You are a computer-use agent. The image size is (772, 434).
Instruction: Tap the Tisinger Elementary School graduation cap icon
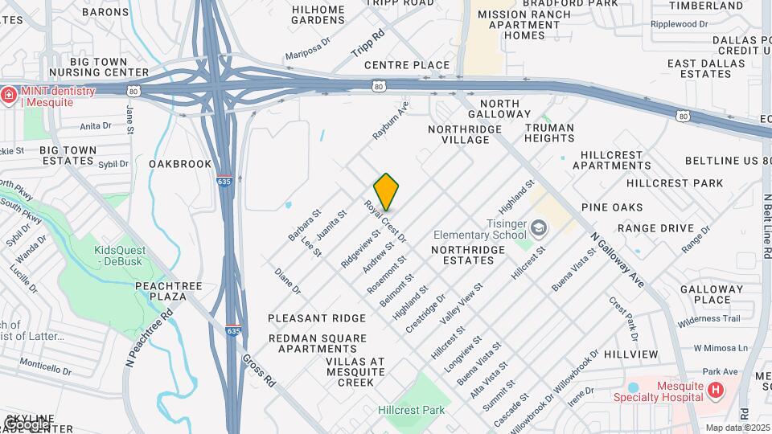point(538,228)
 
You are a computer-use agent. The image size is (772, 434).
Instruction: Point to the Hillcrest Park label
point(411,410)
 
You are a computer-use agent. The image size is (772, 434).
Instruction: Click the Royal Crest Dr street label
point(385,223)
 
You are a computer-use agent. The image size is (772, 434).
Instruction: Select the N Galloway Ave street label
point(617,260)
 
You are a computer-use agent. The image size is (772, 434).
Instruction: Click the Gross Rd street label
point(259,371)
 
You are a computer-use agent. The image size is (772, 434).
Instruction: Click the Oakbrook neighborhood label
point(180,164)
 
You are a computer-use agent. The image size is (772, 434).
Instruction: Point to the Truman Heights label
point(549,133)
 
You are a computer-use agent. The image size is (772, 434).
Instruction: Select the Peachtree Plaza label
point(161,291)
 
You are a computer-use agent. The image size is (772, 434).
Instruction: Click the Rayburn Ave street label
point(391,121)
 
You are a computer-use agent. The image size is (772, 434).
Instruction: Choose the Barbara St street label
point(305,225)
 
